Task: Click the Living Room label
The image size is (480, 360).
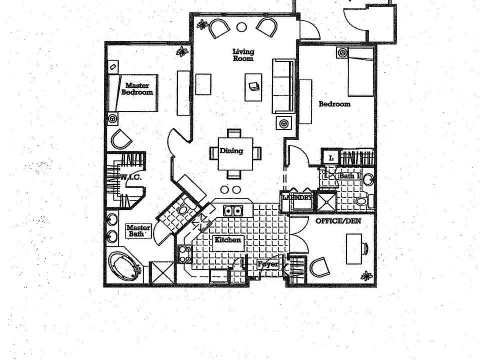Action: (x=243, y=55)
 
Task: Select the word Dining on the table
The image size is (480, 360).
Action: (x=231, y=151)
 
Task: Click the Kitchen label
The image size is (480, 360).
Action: (x=228, y=240)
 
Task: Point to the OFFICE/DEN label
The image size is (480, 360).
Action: (x=338, y=220)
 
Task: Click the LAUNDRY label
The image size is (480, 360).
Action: (x=297, y=198)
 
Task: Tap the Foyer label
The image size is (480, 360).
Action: (x=267, y=264)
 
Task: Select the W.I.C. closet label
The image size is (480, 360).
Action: (x=131, y=177)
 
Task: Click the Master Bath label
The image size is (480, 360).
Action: (x=138, y=230)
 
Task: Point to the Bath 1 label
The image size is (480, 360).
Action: (x=349, y=176)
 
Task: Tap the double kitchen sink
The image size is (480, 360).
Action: (x=232, y=210)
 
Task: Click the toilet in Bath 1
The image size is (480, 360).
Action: (x=362, y=201)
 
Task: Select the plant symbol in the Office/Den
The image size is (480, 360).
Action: (x=367, y=275)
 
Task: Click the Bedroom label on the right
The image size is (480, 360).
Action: (x=334, y=104)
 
